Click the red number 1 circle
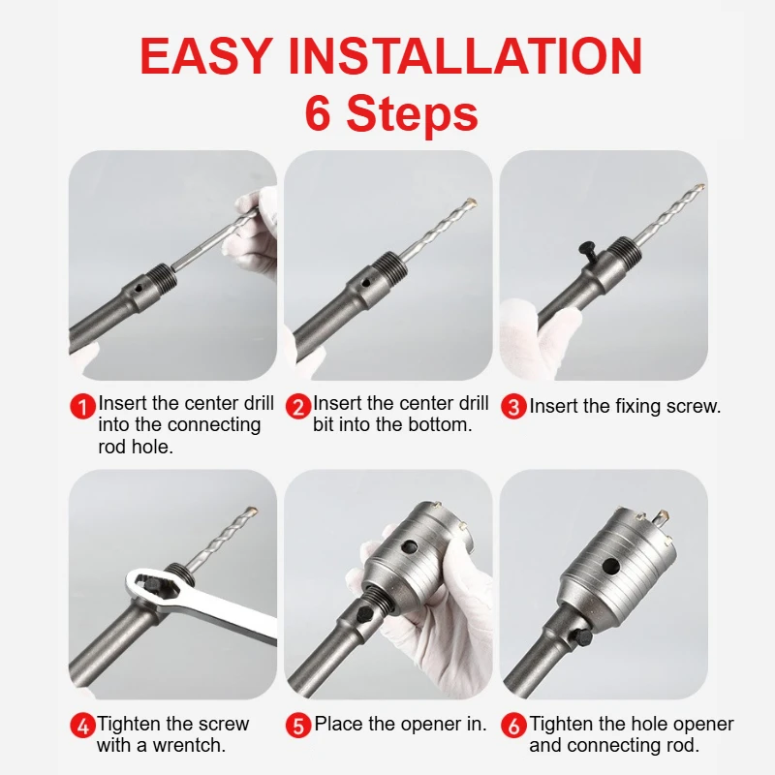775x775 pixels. tap(83, 406)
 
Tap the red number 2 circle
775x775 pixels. tap(298, 406)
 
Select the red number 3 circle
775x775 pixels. tap(514, 406)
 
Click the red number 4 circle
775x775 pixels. tap(83, 726)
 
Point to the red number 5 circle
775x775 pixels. tap(298, 726)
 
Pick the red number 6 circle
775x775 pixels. tap(514, 726)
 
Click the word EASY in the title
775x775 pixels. tap(206, 56)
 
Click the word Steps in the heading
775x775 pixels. tap(412, 113)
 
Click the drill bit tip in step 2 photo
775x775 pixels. tap(472, 201)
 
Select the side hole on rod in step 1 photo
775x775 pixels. tap(140, 287)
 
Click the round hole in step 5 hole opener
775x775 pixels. tap(409, 546)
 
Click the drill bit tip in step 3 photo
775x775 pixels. tap(699, 188)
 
